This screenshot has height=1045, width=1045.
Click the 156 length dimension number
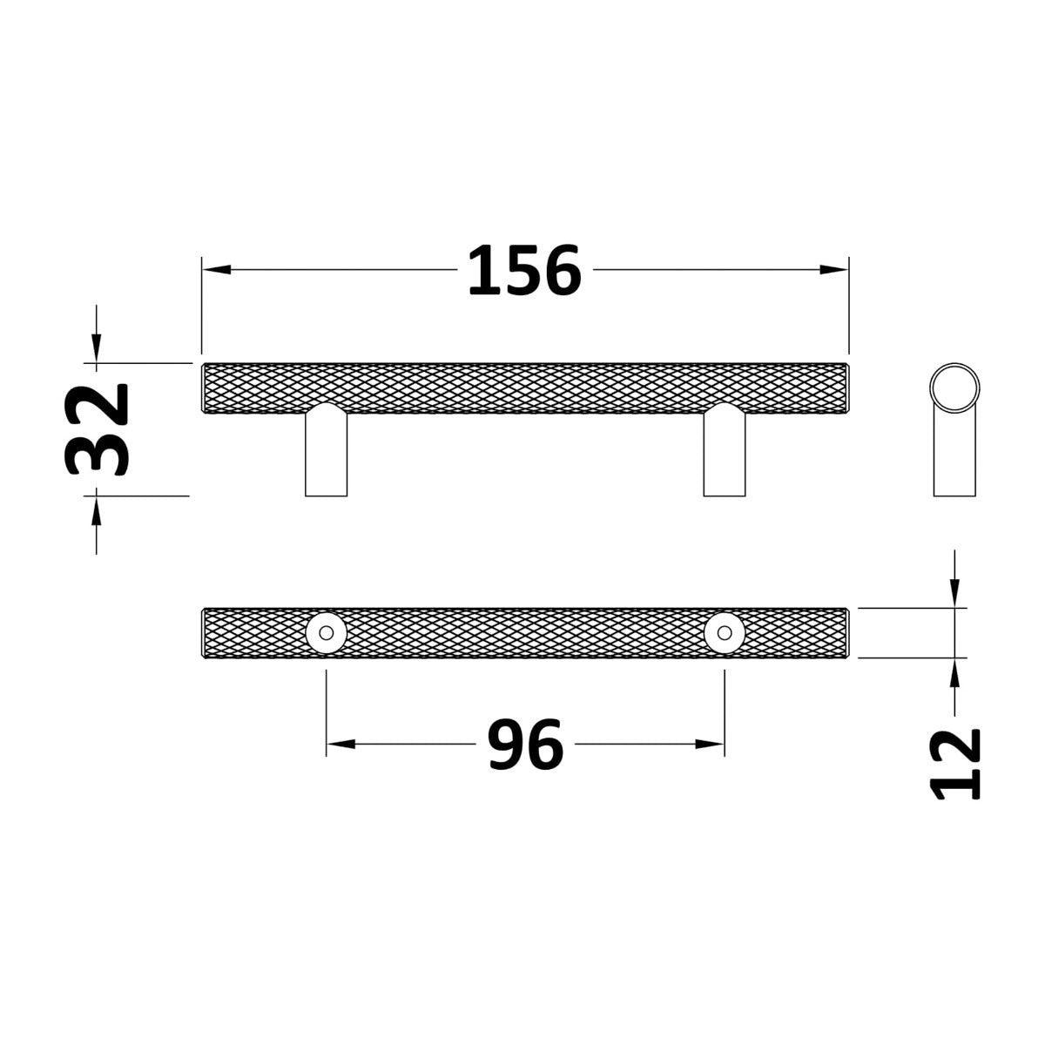pos(524,270)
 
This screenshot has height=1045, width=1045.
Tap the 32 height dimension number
pos(97,429)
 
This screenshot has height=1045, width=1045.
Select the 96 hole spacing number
pos(525,744)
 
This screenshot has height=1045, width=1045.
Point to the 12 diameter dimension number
pos(955,765)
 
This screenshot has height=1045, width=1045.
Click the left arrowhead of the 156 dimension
pos(216,269)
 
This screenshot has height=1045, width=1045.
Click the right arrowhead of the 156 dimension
pos(833,269)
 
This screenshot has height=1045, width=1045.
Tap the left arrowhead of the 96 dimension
pos(340,744)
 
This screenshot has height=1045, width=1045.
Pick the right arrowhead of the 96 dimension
pos(710,744)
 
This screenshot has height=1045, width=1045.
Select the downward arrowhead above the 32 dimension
pos(97,348)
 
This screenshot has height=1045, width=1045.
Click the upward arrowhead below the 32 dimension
pos(97,510)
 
